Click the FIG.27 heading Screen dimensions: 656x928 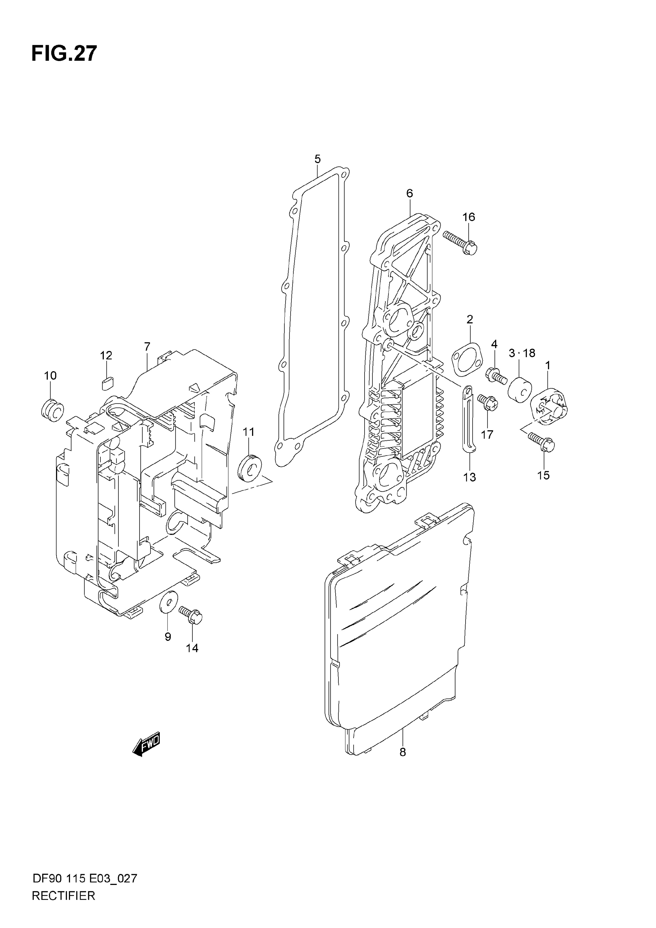(x=64, y=53)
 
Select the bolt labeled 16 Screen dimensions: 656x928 (x=460, y=242)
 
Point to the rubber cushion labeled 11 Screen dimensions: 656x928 (x=249, y=468)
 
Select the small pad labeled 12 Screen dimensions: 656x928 (x=108, y=382)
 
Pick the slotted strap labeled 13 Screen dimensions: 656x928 (x=468, y=418)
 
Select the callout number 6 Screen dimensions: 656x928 (x=410, y=193)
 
